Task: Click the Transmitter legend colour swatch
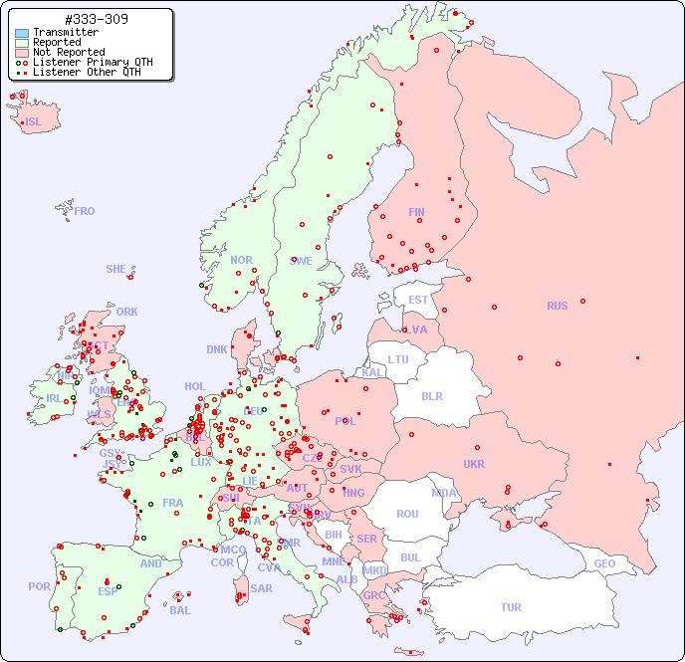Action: coord(22,33)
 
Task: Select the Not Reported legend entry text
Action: coord(68,52)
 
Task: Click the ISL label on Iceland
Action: coord(34,122)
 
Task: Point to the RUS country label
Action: coord(557,306)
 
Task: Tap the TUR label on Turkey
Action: coord(511,607)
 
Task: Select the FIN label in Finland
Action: coord(416,212)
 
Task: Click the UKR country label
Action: coord(474,464)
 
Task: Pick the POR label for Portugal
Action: coord(39,586)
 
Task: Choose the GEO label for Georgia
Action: coord(604,563)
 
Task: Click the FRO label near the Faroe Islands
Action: coord(85,211)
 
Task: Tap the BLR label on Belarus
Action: coord(431,395)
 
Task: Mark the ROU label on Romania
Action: coord(407,514)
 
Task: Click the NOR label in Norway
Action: coord(241,260)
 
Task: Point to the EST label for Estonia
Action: coord(418,300)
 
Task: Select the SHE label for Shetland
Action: coord(116,269)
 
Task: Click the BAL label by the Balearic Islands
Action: coord(179,610)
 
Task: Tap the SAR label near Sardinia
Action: coord(261,588)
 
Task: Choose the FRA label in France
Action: coord(173,503)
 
